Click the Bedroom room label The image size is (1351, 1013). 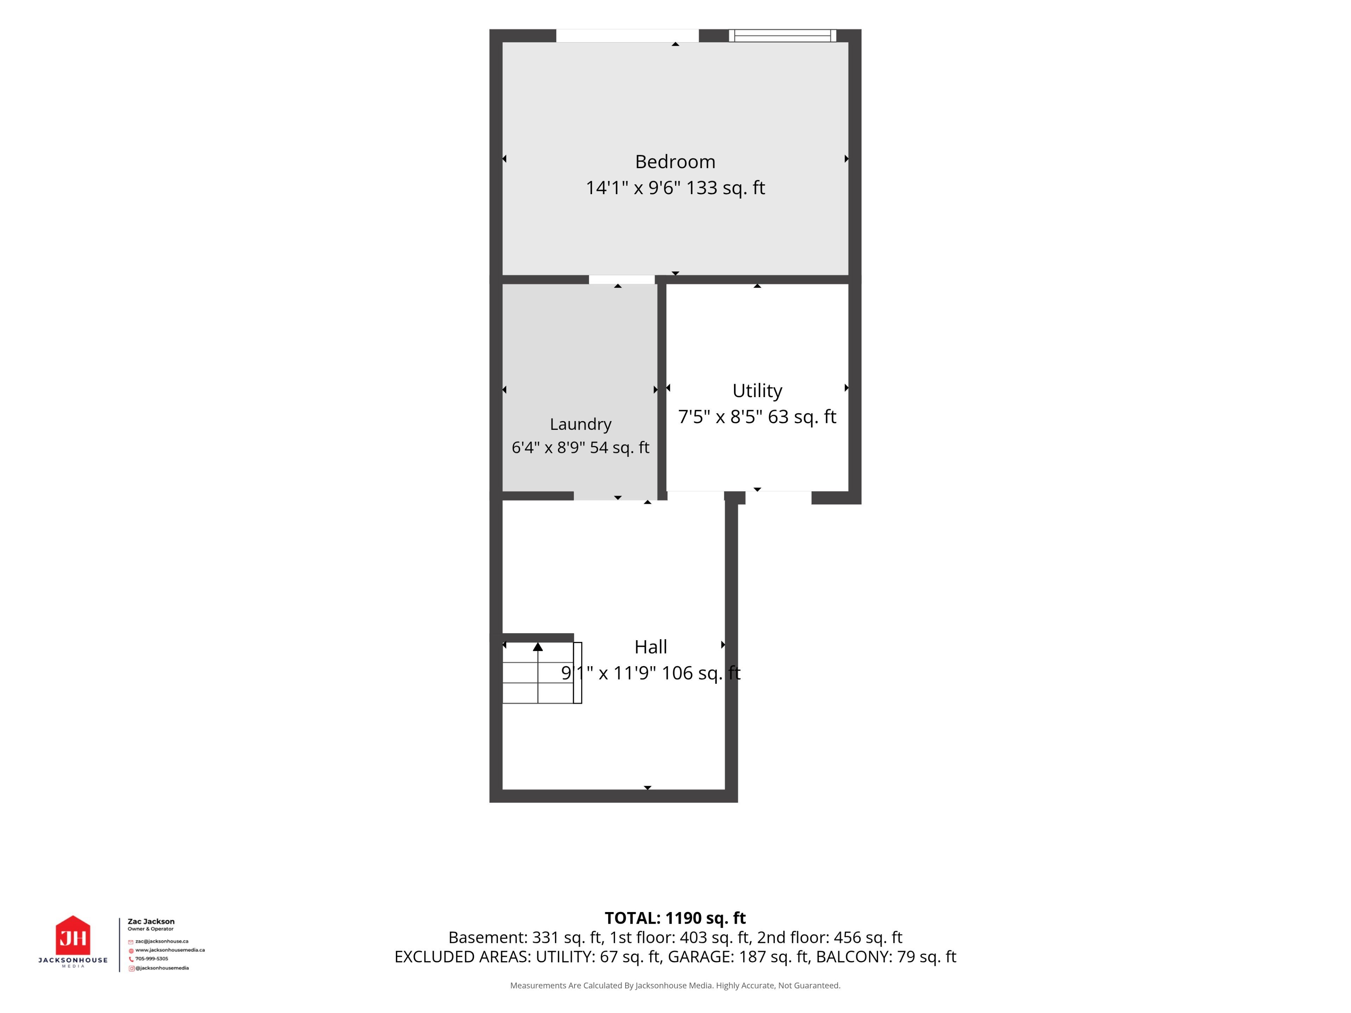point(675,162)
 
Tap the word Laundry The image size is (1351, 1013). point(580,424)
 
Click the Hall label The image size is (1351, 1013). point(651,646)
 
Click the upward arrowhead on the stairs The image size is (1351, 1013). point(538,646)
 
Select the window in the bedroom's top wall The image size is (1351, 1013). point(782,36)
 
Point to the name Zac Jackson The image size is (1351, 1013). point(151,922)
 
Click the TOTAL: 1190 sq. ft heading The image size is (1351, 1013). point(675,918)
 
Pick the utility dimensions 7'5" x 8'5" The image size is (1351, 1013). point(721,416)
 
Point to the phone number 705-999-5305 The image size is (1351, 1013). point(152,958)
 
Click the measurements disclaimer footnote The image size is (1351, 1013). point(675,986)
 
